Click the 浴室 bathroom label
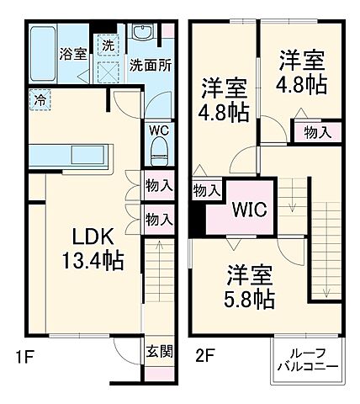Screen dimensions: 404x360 (x=72, y=54)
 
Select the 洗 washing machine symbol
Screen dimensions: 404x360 (x=109, y=45)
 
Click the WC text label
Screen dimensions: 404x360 (x=159, y=130)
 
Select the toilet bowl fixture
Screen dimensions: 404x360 (x=159, y=152)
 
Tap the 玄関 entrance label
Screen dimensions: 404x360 (x=158, y=352)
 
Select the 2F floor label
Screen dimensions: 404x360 (x=206, y=357)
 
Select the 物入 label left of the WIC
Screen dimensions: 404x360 (x=206, y=191)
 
